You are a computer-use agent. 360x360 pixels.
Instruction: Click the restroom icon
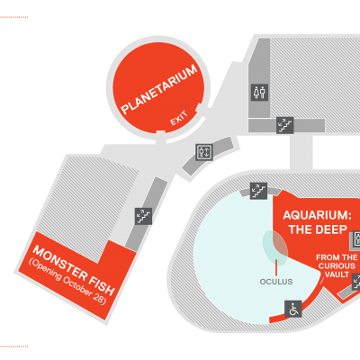(259, 93)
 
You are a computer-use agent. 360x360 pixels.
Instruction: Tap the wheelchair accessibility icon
(293, 309)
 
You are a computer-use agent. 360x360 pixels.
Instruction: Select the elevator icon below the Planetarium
(204, 152)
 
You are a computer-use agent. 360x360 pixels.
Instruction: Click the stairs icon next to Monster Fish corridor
(143, 216)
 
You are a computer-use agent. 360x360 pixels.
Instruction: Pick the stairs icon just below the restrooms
(284, 125)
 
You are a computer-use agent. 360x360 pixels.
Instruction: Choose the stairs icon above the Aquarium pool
(258, 191)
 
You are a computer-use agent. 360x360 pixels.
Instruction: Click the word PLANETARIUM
(159, 89)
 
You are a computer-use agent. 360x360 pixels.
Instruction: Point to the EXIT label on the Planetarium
(179, 118)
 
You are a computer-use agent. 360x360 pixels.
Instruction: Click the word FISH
(100, 285)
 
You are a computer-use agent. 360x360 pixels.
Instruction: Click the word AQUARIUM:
(318, 215)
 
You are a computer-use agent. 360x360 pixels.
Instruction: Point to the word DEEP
(331, 229)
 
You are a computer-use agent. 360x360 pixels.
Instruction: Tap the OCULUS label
(276, 282)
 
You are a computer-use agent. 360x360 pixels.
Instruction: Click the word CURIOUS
(337, 266)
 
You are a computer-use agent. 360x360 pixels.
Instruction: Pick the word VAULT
(337, 274)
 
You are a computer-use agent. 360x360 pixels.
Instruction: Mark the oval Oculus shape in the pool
(275, 247)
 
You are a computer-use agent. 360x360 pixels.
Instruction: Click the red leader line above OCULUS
(276, 267)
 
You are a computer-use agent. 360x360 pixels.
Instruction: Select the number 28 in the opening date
(101, 300)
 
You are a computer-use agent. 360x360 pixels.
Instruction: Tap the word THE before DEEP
(301, 229)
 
